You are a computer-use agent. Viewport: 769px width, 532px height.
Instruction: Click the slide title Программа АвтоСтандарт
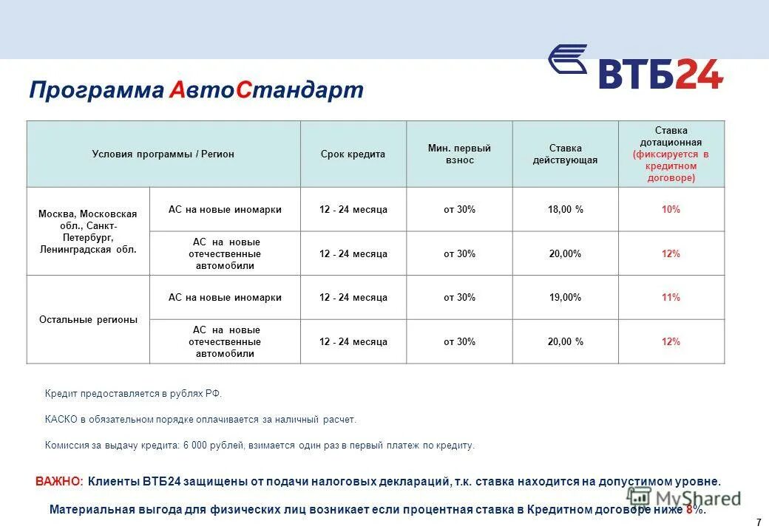tap(196, 90)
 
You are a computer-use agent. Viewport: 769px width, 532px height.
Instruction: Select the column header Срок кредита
tap(353, 154)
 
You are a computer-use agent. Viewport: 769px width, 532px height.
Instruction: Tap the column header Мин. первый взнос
tap(459, 154)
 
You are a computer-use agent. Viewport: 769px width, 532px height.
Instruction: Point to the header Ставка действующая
tap(565, 154)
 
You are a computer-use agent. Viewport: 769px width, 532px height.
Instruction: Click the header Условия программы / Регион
tap(163, 154)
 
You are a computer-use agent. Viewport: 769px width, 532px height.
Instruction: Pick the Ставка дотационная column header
tap(671, 154)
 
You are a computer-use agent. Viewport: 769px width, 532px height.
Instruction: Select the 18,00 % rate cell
tap(565, 210)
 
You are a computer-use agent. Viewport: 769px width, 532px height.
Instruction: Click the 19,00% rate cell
tap(565, 298)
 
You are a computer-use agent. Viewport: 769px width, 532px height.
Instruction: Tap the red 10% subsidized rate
tap(671, 210)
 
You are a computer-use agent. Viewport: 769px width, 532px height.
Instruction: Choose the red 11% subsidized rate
tap(671, 298)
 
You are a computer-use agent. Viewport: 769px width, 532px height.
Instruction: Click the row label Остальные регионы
tap(88, 320)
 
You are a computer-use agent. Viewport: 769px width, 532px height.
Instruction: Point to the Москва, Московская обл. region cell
tap(88, 231)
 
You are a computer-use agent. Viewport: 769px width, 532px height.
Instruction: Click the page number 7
tap(759, 522)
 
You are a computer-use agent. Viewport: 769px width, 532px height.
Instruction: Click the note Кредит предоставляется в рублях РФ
tap(133, 394)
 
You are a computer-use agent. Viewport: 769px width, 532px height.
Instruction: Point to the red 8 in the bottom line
tap(690, 510)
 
